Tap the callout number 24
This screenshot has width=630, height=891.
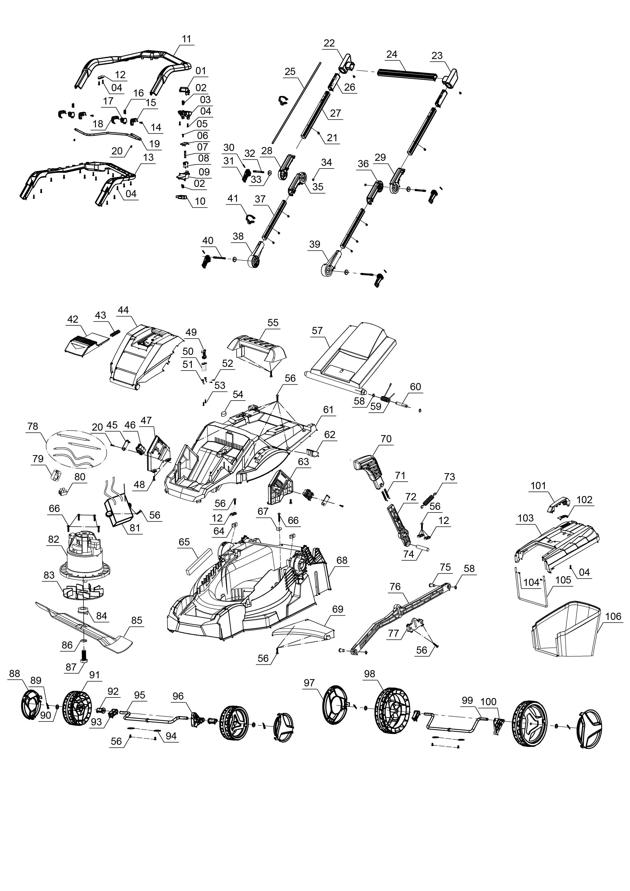[x=392, y=54]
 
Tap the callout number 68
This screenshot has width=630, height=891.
[x=342, y=560]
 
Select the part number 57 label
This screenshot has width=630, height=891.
[x=317, y=330]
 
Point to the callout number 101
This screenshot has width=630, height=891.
[x=538, y=486]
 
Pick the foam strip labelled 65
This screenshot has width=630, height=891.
[x=199, y=561]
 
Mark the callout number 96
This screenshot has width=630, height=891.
[x=178, y=696]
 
